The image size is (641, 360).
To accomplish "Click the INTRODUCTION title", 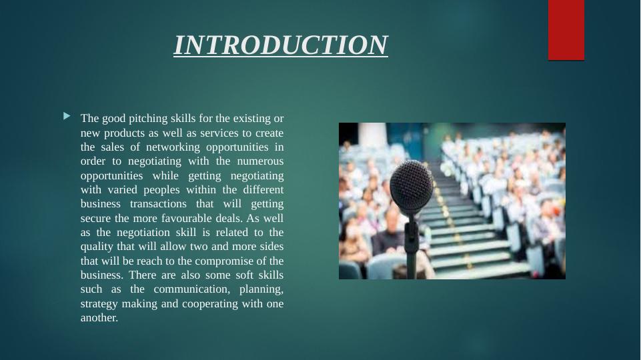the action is tap(281, 45).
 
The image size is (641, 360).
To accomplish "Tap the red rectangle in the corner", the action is tap(566, 30).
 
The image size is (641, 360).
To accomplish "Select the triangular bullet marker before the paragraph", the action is tap(67, 117).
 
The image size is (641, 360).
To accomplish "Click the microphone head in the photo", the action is tap(412, 186).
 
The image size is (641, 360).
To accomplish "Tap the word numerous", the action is tap(260, 161).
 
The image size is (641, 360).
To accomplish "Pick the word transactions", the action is tap(158, 204).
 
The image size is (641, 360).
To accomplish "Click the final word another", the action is tap(99, 318).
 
